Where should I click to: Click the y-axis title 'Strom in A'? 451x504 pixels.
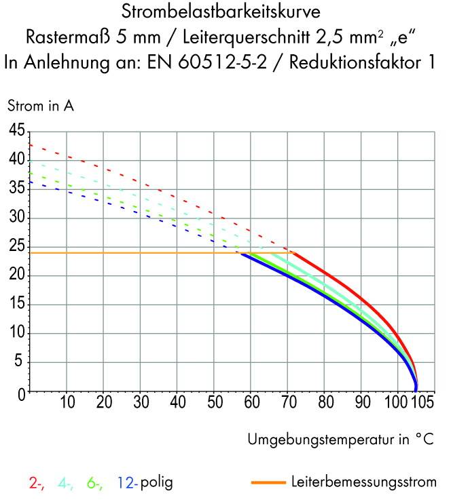pos(40,106)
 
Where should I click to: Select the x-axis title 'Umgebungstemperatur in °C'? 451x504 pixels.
pos(340,439)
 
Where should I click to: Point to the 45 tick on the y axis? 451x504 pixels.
pos(16,130)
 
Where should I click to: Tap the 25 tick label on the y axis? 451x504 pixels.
pos(16,247)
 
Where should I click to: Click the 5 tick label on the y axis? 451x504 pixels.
pos(20,363)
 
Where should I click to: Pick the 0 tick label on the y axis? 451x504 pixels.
pos(20,392)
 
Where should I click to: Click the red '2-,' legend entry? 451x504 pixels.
pos(37,484)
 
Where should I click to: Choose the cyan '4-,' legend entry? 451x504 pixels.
pos(67,484)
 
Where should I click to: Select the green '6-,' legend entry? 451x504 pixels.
pos(95,484)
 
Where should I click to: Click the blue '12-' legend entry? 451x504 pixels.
pos(127,484)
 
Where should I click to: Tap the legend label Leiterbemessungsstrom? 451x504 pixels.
pos(363,483)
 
